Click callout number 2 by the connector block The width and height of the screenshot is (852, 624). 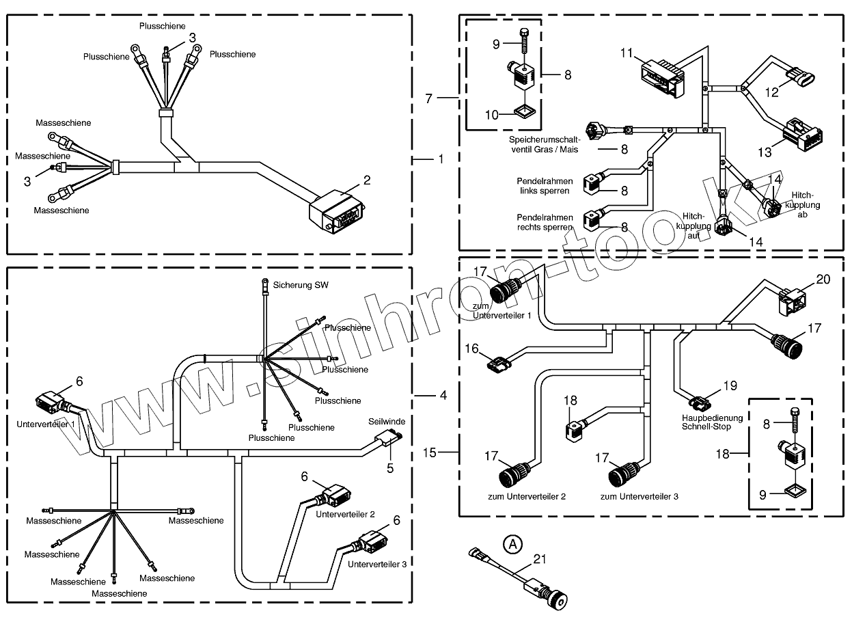[367, 180]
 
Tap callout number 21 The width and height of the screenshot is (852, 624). [540, 560]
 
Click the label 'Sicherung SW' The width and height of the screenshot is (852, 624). [301, 284]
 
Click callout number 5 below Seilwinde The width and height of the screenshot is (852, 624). [391, 468]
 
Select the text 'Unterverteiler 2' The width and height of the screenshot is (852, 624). [345, 513]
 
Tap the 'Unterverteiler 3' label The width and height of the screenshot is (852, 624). [377, 564]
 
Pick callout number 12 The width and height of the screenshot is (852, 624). [771, 92]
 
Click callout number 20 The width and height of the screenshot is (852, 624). [823, 280]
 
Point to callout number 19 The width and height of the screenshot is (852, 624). [730, 385]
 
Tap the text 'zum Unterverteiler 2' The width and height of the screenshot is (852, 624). [526, 496]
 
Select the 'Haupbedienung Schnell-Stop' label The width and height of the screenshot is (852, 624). [706, 422]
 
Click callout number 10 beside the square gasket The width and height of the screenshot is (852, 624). [492, 115]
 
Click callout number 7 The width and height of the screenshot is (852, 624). [428, 98]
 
